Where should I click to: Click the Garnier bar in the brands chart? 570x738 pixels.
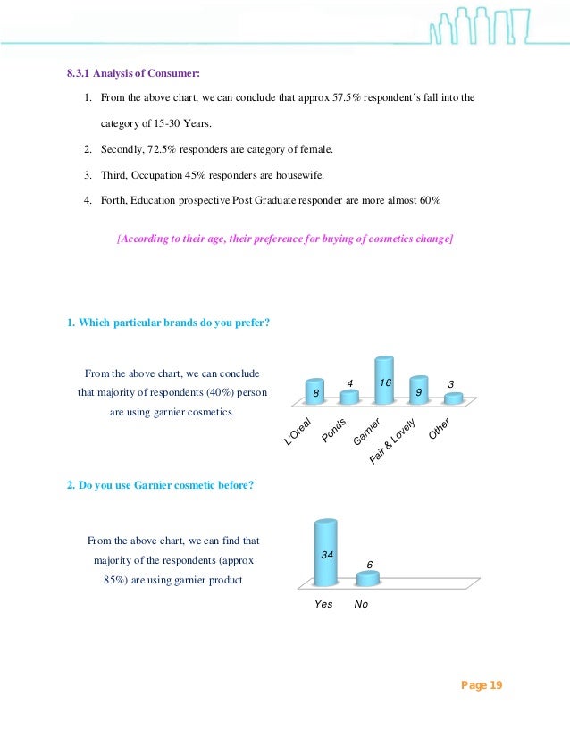[384, 381]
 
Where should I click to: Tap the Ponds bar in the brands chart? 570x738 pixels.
[349, 398]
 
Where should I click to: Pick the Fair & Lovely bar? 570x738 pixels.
[418, 390]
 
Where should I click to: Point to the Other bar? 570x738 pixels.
[452, 398]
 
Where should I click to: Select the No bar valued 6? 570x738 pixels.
[365, 580]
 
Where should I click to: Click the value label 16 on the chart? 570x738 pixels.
[386, 382]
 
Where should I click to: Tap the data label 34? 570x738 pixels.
[327, 556]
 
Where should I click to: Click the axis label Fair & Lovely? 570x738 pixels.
[393, 440]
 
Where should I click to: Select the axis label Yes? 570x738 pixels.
[323, 604]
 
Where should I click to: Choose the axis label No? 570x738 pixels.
[361, 604]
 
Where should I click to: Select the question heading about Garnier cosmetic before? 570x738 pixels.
[161, 484]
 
